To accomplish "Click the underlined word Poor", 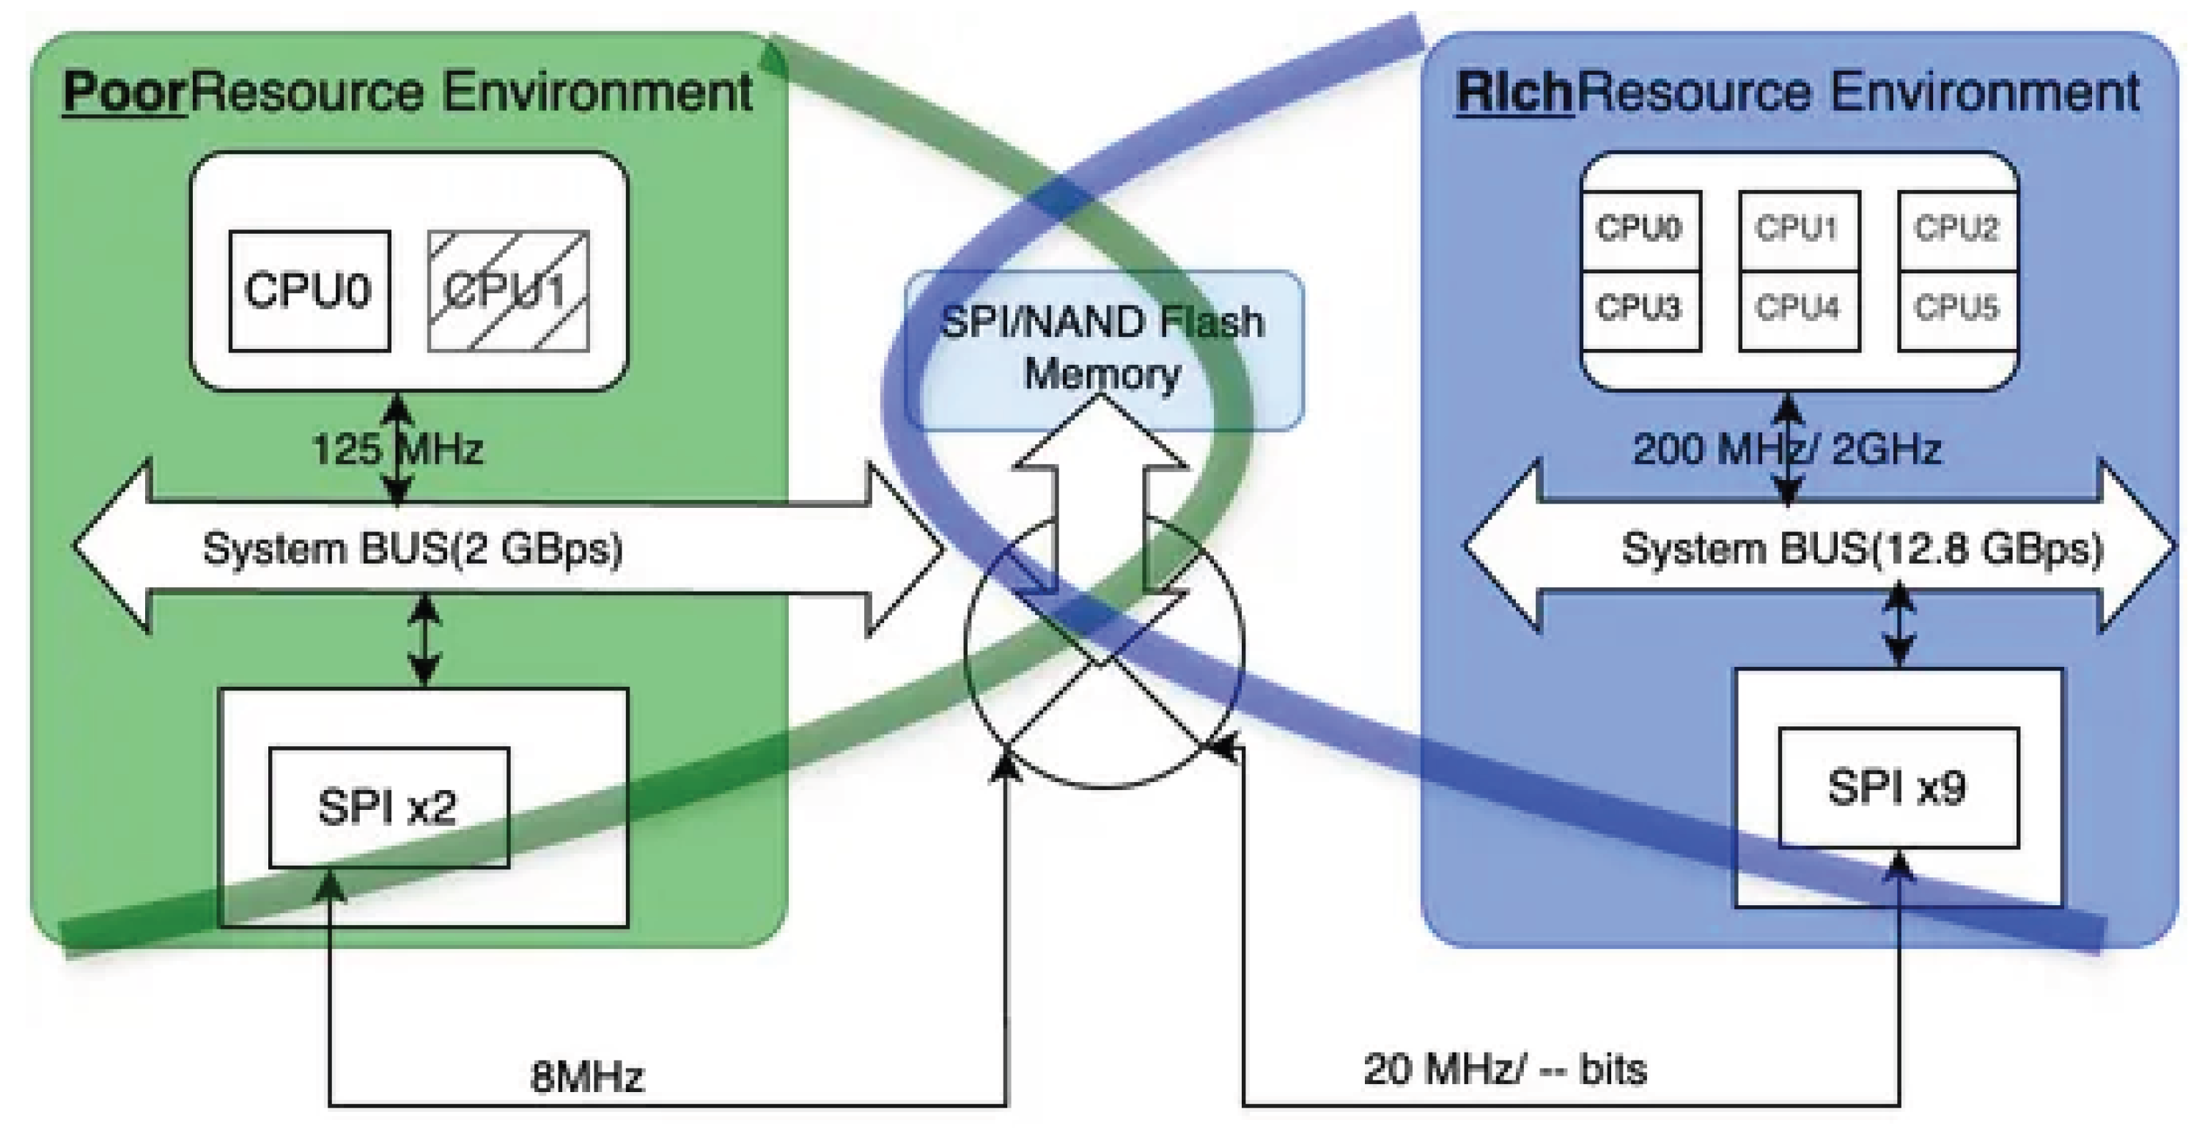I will click(124, 92).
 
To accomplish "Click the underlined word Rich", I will click(1514, 92).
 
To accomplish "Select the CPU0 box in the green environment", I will click(309, 290).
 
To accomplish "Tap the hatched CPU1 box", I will click(508, 290).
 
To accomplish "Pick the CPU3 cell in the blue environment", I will click(1640, 309).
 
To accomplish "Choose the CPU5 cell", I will click(1956, 309).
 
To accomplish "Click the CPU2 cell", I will click(1956, 229).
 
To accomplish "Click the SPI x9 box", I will click(1898, 787).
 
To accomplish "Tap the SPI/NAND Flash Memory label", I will click(1102, 348).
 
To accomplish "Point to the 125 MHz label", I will click(398, 449).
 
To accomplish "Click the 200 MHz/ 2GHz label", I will click(1786, 449).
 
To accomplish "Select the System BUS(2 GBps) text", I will click(413, 549).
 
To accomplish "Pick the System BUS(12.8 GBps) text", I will click(1862, 549).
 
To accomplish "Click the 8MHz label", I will click(587, 1077).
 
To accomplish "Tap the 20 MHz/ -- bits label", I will click(1504, 1069).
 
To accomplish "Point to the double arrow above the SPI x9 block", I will click(1899, 624).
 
